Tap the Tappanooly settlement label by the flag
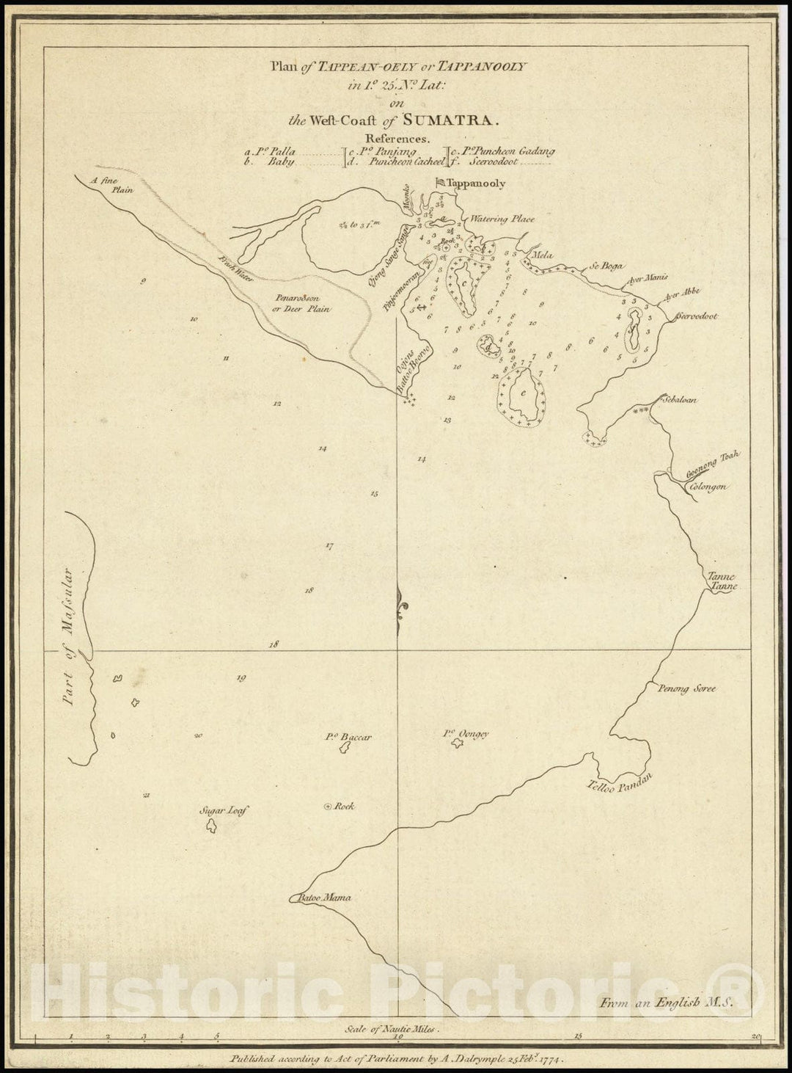[x=476, y=183]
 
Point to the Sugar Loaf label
[x=224, y=811]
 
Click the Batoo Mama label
[x=324, y=898]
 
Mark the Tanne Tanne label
[x=721, y=582]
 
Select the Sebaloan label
[x=679, y=400]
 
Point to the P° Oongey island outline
[x=458, y=744]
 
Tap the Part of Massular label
[x=70, y=637]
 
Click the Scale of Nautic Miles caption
[x=395, y=1029]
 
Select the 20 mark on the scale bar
[x=756, y=1036]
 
